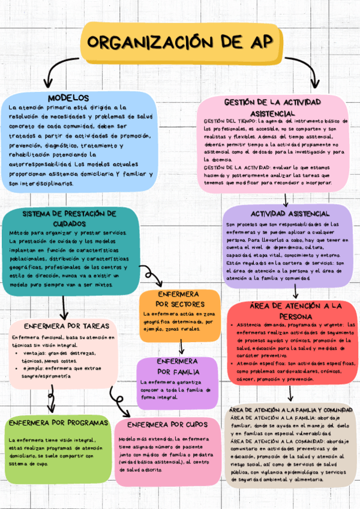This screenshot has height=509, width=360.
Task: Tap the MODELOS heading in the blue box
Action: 68,97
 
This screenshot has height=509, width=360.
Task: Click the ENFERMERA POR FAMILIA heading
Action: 177,366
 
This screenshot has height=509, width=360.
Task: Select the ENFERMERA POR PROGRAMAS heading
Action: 58,422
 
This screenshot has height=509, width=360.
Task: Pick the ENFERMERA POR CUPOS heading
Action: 167,424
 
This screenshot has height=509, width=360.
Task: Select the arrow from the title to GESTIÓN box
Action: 306,72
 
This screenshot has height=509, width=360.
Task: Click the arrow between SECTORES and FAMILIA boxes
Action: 181,347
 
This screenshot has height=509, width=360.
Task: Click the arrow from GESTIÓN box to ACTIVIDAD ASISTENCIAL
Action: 286,199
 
